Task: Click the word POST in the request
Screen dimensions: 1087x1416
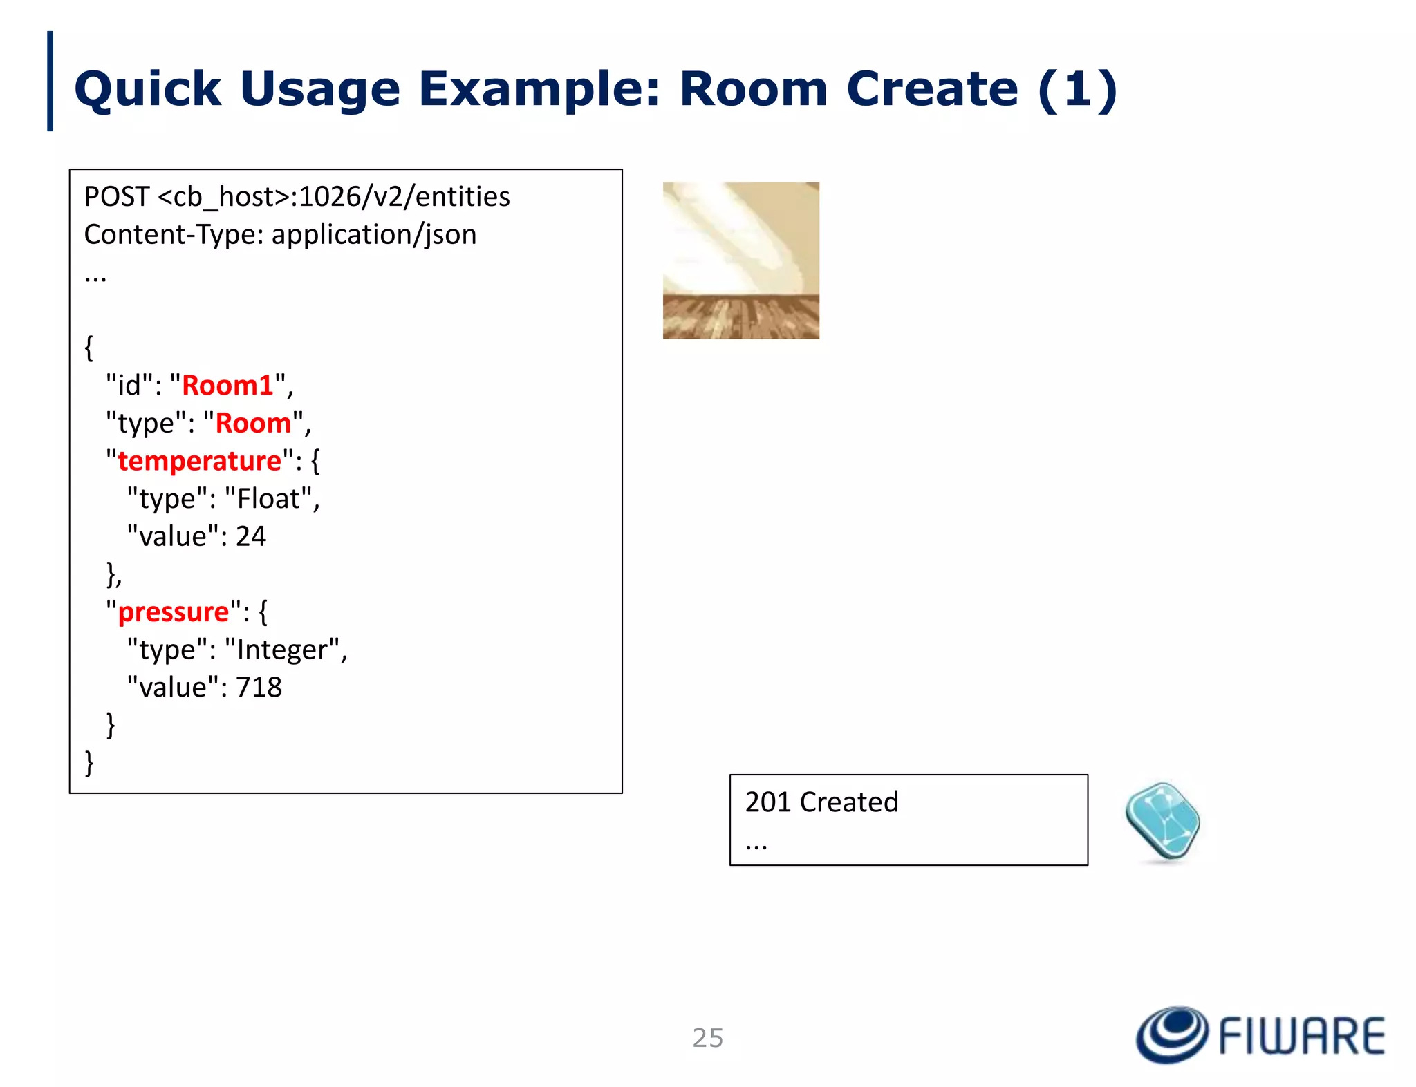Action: click(x=116, y=197)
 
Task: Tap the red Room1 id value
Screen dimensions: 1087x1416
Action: click(x=227, y=386)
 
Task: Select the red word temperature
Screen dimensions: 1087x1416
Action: click(x=200, y=461)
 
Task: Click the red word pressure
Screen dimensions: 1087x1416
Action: click(x=174, y=612)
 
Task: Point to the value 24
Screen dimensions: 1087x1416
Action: click(x=251, y=536)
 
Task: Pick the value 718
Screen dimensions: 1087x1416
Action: click(x=259, y=688)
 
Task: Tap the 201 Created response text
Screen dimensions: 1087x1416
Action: click(x=821, y=802)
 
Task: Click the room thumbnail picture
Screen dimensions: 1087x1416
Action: click(x=740, y=261)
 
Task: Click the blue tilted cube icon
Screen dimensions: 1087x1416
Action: click(x=1163, y=822)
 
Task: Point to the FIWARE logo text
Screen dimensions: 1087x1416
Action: click(x=1301, y=1036)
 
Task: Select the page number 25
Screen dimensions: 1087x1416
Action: click(x=707, y=1038)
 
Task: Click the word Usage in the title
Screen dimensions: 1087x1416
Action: click(x=320, y=89)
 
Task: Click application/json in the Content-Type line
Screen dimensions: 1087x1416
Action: click(x=374, y=235)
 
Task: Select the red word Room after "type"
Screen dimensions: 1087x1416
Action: click(x=254, y=424)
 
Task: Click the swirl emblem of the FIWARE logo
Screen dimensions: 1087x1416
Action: click(x=1172, y=1034)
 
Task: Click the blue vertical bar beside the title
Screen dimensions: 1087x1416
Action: click(x=50, y=81)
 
